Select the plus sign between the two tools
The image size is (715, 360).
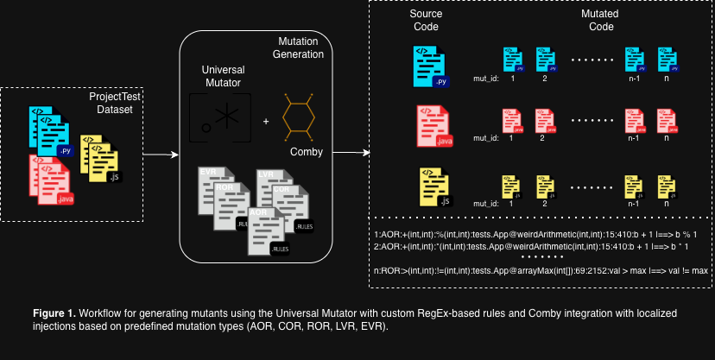click(x=265, y=121)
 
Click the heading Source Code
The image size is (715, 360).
click(x=426, y=20)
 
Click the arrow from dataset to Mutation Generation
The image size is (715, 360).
click(x=160, y=155)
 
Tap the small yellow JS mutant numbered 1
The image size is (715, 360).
click(x=512, y=186)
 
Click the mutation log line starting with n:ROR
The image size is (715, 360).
click(x=541, y=270)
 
